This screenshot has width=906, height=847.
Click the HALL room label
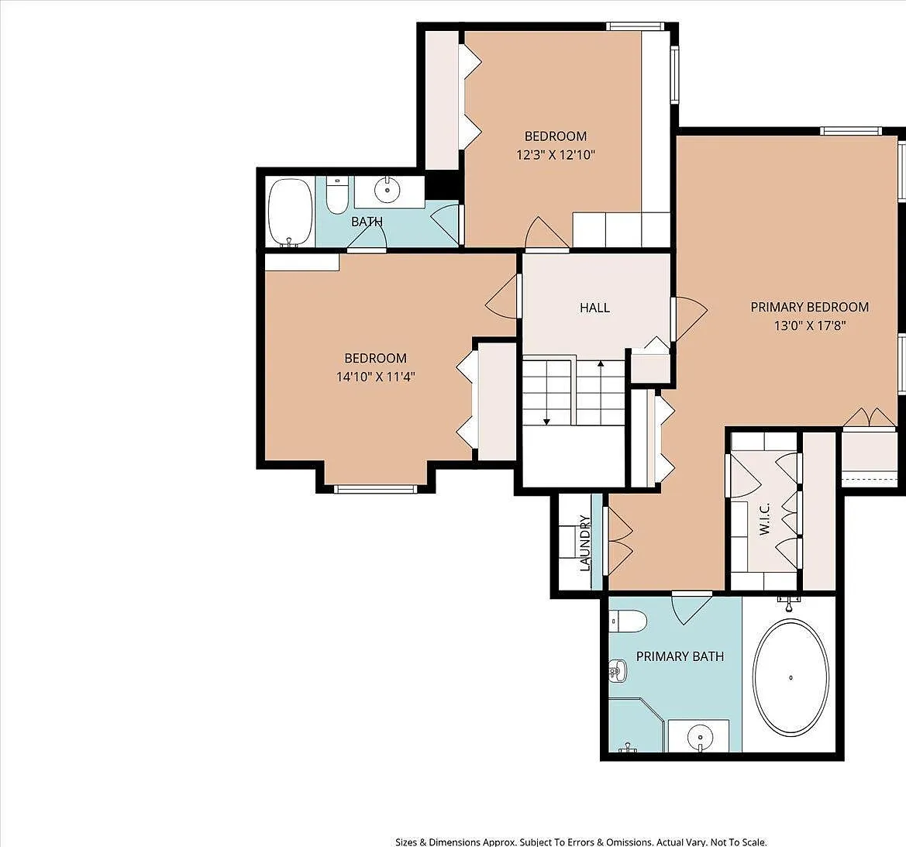tap(594, 308)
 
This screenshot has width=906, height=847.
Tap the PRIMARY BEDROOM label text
tap(809, 307)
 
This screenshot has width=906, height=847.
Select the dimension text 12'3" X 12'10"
tap(555, 155)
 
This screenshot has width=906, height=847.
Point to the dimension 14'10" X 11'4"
tap(376, 377)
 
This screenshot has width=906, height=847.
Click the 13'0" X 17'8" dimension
tap(809, 325)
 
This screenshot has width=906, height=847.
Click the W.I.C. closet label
tap(764, 519)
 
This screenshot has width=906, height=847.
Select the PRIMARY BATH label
tap(680, 656)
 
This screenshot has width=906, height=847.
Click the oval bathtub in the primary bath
tap(791, 678)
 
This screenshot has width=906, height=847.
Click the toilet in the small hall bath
tap(336, 195)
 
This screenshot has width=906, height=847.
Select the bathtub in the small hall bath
tap(291, 212)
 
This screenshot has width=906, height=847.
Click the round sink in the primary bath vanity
tap(700, 738)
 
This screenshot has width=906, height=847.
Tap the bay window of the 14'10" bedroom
tap(376, 489)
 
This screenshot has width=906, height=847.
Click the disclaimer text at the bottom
tap(580, 842)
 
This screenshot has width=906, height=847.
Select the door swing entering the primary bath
tap(691, 608)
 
